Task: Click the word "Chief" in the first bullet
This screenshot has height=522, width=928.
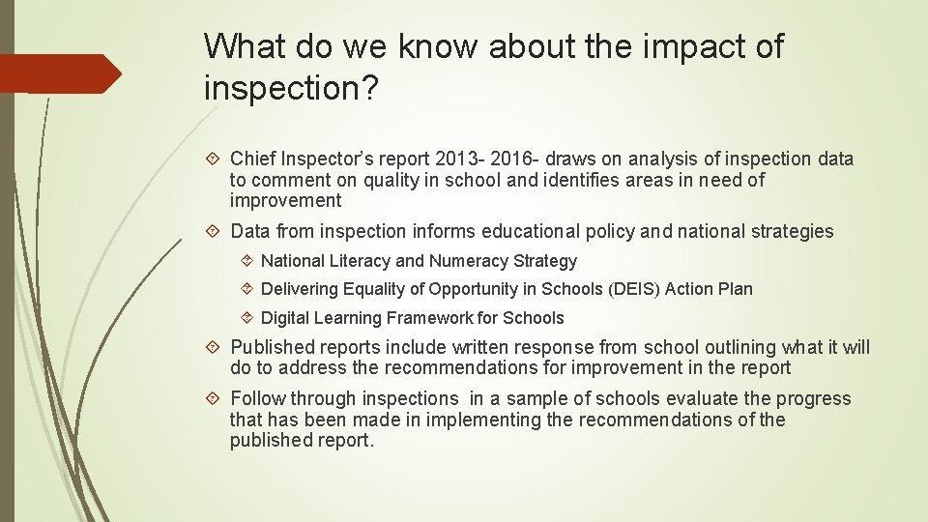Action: tap(253, 159)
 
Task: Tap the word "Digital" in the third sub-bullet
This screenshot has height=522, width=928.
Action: tap(288, 318)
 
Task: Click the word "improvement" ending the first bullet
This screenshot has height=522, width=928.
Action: tap(285, 201)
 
